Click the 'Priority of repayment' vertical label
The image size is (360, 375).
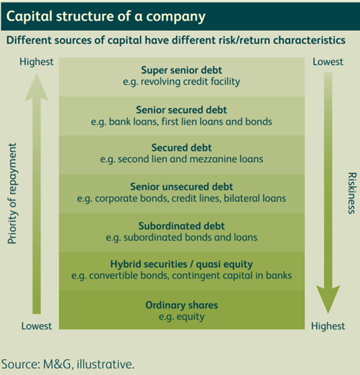click(12, 193)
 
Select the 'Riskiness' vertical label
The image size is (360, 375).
click(350, 193)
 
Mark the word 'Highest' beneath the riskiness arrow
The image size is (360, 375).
click(329, 326)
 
